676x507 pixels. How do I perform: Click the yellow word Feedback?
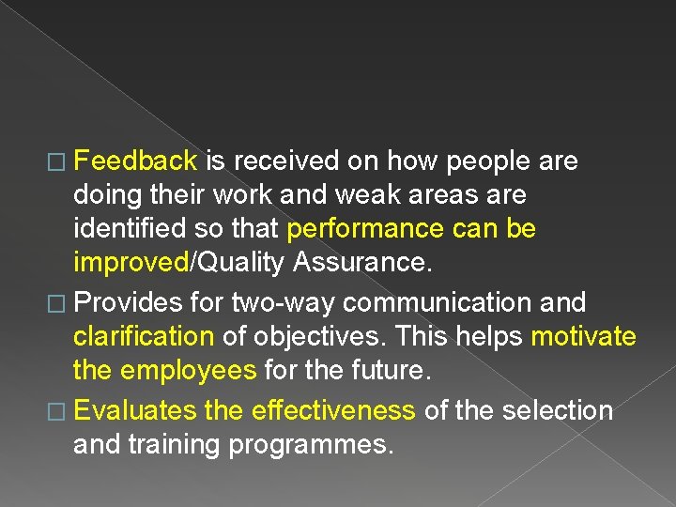click(134, 161)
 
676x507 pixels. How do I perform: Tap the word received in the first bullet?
click(284, 161)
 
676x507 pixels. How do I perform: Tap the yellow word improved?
click(131, 264)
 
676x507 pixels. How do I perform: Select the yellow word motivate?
click(583, 336)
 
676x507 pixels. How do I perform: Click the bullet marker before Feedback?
click(58, 162)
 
